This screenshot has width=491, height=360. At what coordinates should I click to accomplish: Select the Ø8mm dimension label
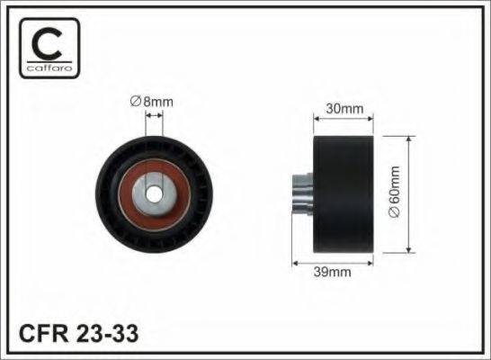pos(152,102)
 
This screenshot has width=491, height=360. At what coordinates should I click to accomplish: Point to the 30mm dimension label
pos(342,109)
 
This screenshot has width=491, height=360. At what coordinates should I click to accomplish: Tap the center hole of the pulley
pos(152,193)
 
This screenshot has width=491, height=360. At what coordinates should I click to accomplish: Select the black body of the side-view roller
pos(342,194)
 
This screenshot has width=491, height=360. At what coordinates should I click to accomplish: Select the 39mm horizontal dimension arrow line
pos(333,262)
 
